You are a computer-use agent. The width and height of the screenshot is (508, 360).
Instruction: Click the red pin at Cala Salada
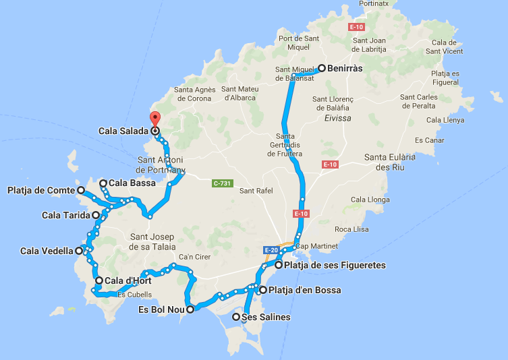[x=155, y=119]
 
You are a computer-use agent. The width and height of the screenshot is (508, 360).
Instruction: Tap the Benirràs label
[x=345, y=68]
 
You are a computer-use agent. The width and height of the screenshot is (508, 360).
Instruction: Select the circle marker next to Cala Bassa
[x=103, y=183]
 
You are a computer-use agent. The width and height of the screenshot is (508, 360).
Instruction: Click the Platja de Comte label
[x=40, y=191]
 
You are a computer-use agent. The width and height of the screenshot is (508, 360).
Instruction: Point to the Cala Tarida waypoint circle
[x=96, y=215]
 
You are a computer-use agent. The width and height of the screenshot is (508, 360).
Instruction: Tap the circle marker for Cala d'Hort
[x=99, y=280]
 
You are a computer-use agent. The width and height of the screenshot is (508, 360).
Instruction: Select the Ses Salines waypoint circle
[x=235, y=317]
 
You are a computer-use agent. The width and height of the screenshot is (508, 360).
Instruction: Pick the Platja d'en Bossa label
[x=304, y=291]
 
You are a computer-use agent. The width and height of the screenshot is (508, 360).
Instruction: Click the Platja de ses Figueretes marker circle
[x=279, y=266]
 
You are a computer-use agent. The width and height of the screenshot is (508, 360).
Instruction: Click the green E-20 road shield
[x=272, y=249]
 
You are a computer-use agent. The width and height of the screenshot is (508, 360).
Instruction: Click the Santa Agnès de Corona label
[x=194, y=94]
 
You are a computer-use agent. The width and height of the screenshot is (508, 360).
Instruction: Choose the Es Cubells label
[x=130, y=295]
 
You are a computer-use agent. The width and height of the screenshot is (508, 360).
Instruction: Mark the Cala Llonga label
[x=370, y=200]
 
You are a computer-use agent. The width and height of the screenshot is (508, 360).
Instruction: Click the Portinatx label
[x=374, y=4]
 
